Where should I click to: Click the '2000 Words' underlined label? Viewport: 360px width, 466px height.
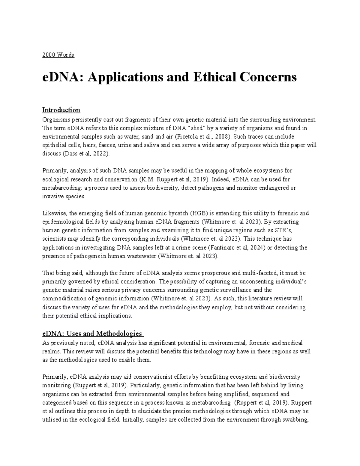click(58, 55)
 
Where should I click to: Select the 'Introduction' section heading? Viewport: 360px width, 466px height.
click(61, 110)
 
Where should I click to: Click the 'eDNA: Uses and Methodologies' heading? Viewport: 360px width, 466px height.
click(92, 333)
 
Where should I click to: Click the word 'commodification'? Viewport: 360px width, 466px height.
click(65, 299)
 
